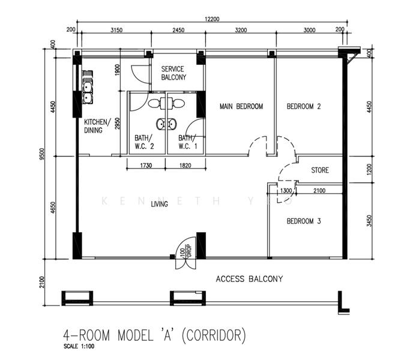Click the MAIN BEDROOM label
point(241,106)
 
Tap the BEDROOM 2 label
point(304,106)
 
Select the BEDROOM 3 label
point(304,221)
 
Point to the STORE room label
point(320,170)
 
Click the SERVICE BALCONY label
point(173,73)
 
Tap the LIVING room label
point(159,205)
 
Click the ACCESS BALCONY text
point(249,279)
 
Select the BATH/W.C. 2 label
point(144,142)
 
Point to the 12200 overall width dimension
point(212,19)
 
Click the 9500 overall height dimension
point(42,154)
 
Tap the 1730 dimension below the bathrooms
point(146,166)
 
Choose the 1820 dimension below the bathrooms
point(185,166)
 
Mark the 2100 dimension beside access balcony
point(42,282)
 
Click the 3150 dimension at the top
point(116,30)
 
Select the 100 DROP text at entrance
point(185,251)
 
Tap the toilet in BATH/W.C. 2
point(154,103)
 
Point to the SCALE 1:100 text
point(79,346)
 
